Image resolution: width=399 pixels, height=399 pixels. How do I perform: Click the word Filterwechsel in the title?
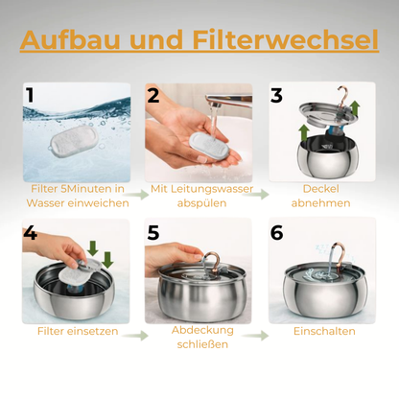click(x=286, y=39)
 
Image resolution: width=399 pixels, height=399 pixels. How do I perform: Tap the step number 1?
click(x=30, y=95)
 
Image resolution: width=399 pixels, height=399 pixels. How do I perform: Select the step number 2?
click(x=153, y=95)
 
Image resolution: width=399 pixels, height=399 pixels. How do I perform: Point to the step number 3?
click(x=276, y=95)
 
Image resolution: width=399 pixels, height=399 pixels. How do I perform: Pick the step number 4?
click(x=31, y=233)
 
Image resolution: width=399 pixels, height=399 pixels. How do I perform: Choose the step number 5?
click(x=153, y=233)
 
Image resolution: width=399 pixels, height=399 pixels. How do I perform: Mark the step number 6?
click(x=276, y=233)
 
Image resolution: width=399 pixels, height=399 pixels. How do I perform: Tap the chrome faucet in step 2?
click(x=228, y=100)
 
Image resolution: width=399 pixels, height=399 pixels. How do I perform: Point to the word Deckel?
click(x=320, y=189)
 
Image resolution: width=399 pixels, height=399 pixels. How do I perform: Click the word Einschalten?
click(x=324, y=331)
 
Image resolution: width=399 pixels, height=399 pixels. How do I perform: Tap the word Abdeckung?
click(x=202, y=331)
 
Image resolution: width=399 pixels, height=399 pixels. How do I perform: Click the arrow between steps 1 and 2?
click(x=140, y=195)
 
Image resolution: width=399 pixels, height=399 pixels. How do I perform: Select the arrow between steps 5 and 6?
click(x=255, y=336)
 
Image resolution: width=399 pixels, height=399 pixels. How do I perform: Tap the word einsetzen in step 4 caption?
click(x=97, y=331)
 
